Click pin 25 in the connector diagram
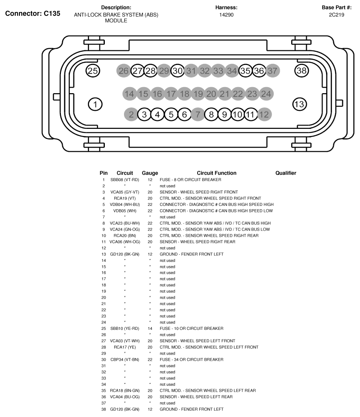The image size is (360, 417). click(93, 70)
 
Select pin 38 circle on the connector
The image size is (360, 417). click(301, 70)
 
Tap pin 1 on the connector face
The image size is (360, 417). click(95, 104)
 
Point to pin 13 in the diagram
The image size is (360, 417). click(299, 104)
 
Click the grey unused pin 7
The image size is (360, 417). click(198, 115)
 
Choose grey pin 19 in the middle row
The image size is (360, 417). click(198, 94)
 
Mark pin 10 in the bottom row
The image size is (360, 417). click(237, 115)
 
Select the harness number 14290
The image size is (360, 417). click(226, 15)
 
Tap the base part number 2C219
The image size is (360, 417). click(336, 15)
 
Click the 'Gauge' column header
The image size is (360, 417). click(150, 173)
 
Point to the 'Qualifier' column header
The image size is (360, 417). click(286, 173)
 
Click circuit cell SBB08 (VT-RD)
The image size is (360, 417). click(125, 180)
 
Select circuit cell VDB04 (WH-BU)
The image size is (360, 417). click(125, 205)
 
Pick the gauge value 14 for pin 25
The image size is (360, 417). click(150, 329)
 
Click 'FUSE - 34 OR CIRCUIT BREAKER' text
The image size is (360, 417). click(191, 360)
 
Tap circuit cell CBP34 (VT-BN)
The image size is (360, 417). click(125, 360)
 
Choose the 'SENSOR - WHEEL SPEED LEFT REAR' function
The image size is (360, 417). click(196, 397)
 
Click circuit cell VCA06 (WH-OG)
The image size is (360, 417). click(125, 242)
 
